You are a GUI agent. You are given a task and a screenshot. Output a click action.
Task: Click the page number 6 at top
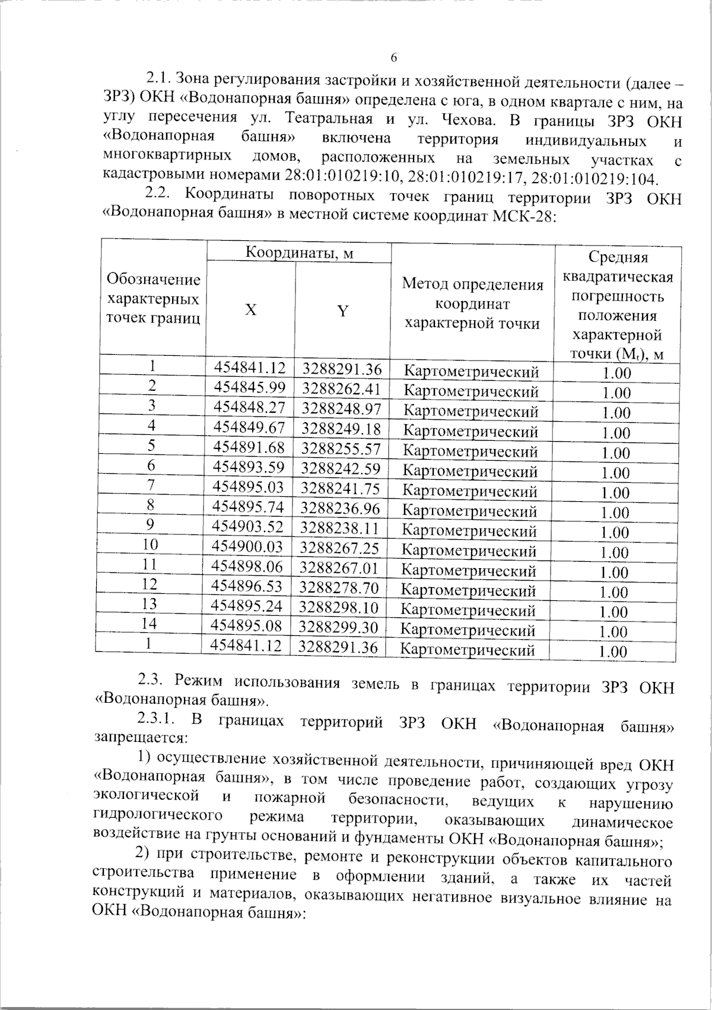click(394, 58)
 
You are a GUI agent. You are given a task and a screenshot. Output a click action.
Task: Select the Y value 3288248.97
click(341, 408)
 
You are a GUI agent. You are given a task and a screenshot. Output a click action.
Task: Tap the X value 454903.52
click(249, 526)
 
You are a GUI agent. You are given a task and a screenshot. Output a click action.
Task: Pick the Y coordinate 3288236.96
click(340, 508)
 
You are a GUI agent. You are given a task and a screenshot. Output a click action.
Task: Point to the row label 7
click(151, 485)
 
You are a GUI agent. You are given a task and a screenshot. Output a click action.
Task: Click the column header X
click(252, 310)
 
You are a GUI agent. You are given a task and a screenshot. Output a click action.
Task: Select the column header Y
click(342, 310)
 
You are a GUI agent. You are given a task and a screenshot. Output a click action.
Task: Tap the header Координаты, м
click(300, 253)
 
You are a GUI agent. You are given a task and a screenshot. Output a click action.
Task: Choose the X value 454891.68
click(249, 447)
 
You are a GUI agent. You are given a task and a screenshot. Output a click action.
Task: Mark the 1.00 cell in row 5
click(616, 453)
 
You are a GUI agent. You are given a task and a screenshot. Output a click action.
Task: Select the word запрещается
click(140, 738)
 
